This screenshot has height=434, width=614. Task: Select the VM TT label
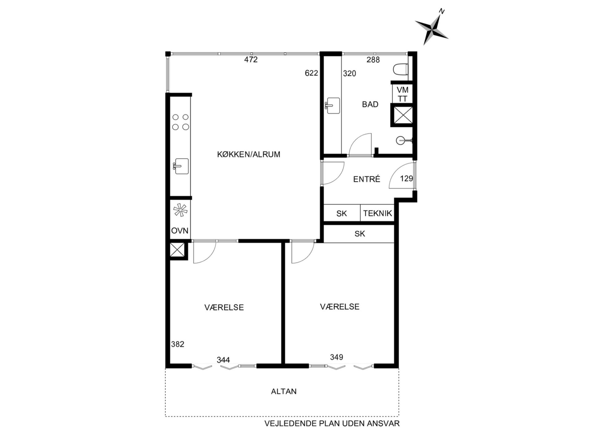click(x=403, y=94)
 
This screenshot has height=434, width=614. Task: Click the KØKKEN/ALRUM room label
click(x=249, y=154)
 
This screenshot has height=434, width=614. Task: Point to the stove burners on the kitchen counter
click(x=180, y=122)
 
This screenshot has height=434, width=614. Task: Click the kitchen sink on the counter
click(x=181, y=166)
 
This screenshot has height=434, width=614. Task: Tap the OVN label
click(x=180, y=231)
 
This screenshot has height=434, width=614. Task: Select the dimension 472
click(x=251, y=60)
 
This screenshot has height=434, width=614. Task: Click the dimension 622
click(x=311, y=73)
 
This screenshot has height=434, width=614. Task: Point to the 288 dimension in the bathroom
click(x=373, y=60)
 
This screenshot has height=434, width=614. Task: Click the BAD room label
click(x=370, y=105)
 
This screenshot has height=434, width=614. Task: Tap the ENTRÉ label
click(x=367, y=179)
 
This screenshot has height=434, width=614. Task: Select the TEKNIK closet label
click(x=378, y=213)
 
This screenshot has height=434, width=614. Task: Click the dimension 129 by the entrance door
click(x=406, y=178)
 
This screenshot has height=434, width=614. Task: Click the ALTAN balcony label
click(x=284, y=392)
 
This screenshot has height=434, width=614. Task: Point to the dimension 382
click(x=178, y=344)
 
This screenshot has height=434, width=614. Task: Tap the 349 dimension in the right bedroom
click(x=336, y=357)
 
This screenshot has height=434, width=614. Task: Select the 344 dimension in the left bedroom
click(x=223, y=360)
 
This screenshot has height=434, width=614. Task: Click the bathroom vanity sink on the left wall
click(x=333, y=106)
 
